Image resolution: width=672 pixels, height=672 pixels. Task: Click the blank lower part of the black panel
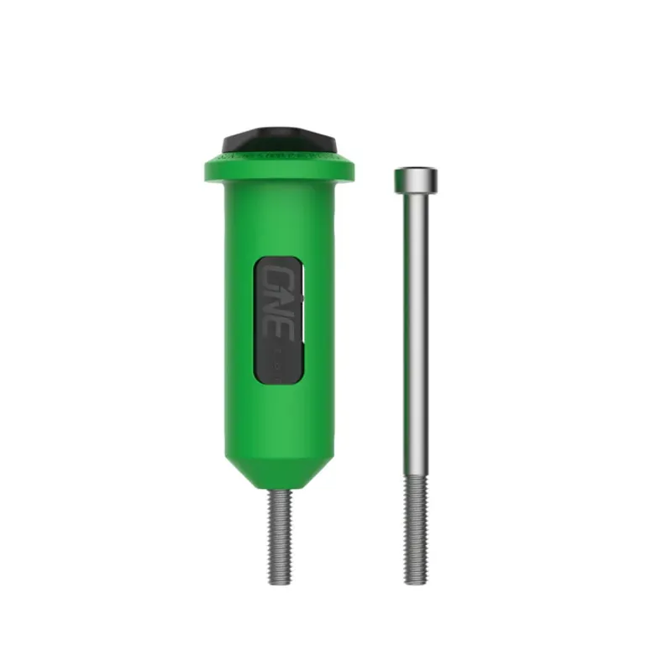(x=276, y=363)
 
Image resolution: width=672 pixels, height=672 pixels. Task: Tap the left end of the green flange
(x=208, y=168)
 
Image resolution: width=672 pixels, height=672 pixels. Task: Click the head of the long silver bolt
(x=416, y=177)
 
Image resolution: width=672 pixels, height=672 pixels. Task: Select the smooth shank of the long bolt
(x=416, y=336)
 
